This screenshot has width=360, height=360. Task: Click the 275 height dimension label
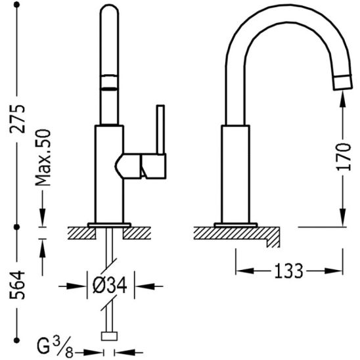pyautogui.click(x=17, y=119)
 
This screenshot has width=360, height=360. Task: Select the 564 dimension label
pyautogui.click(x=17, y=285)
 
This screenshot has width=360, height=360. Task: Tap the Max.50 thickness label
pyautogui.click(x=43, y=158)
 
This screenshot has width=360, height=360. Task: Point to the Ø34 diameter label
pyautogui.click(x=110, y=285)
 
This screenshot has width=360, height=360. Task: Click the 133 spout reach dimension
pyautogui.click(x=289, y=271)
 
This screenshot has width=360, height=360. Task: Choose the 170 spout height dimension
pyautogui.click(x=344, y=157)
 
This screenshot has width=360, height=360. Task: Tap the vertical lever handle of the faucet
pyautogui.click(x=160, y=129)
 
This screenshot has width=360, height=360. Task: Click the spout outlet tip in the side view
pyautogui.click(x=343, y=82)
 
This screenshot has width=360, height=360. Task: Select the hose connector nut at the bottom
pyautogui.click(x=109, y=336)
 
